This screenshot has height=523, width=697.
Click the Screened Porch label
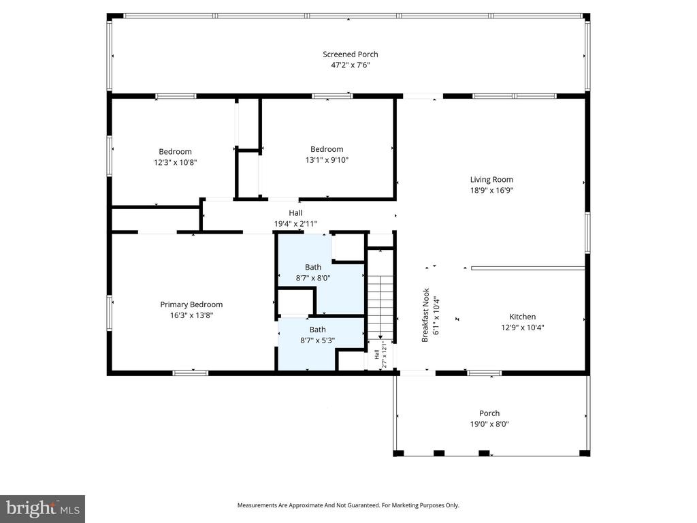coord(350,54)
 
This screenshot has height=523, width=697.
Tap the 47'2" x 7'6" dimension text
coord(350,65)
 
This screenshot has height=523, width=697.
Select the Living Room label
coord(491,180)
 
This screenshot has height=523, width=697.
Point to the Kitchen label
coord(522,317)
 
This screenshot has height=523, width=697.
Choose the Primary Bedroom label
coord(191,304)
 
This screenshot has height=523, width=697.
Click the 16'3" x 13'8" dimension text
coord(191,315)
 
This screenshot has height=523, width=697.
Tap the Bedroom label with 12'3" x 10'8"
coord(175,152)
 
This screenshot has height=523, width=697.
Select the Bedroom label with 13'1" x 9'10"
coord(327,149)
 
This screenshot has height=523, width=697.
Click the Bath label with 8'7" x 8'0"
coord(313,267)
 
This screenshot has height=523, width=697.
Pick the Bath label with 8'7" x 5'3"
coord(317,330)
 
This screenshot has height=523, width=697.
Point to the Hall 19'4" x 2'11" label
coord(295,218)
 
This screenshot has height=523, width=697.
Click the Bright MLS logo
coord(42,508)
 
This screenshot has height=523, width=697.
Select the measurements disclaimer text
coord(348,505)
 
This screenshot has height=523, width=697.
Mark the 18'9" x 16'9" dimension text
coord(491,191)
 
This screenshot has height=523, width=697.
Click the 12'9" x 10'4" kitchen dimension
coord(522,327)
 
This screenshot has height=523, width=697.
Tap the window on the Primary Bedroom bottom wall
coord(190,373)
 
